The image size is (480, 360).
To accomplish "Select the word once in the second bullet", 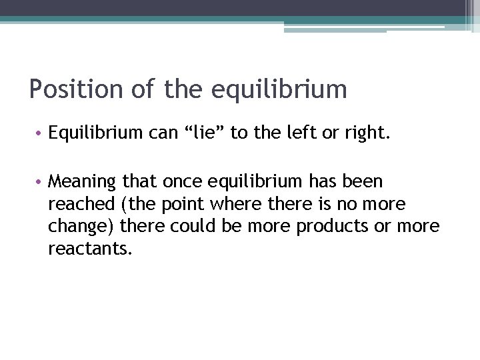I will [185, 182].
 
